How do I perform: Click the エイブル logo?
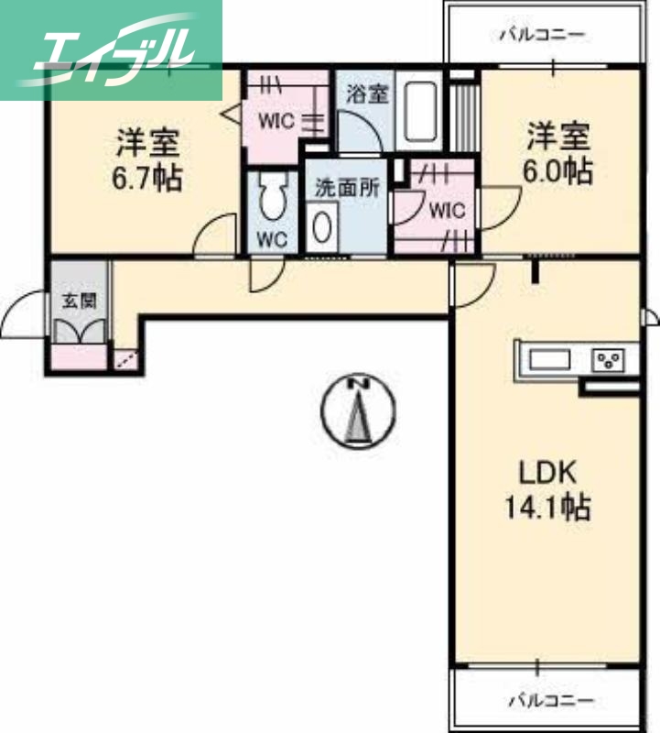(111, 49)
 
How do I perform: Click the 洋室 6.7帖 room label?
(146, 159)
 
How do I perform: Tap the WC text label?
(271, 241)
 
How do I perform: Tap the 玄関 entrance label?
(79, 300)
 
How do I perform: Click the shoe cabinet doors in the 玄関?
(81, 331)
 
